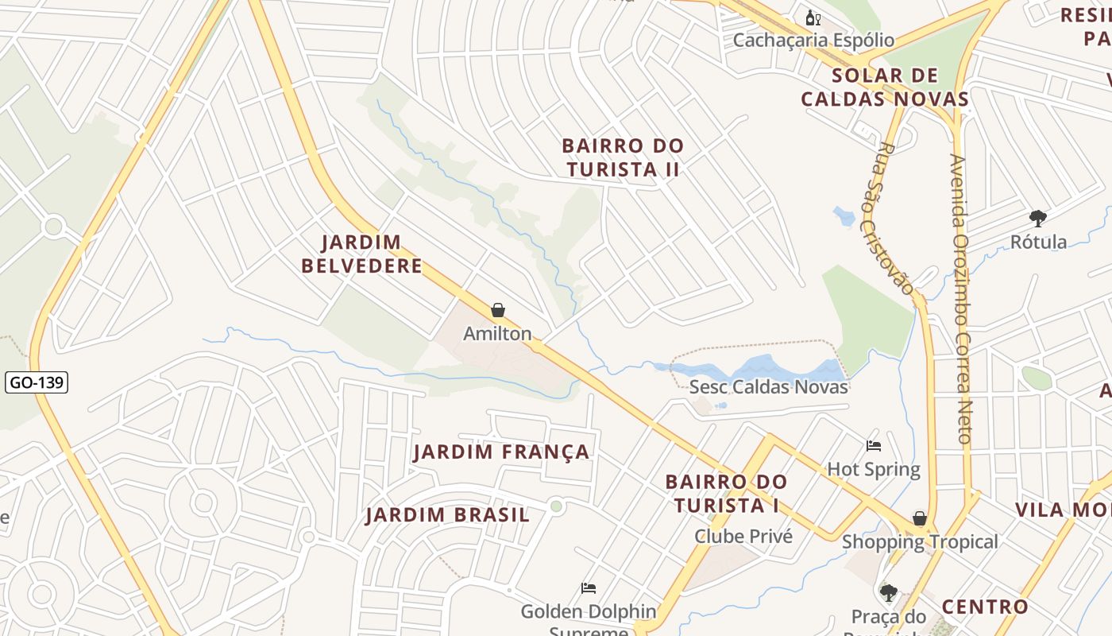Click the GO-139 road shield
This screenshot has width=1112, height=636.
(x=36, y=383)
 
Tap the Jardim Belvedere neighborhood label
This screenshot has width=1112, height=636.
(x=361, y=254)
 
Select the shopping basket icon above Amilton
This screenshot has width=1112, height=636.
(x=498, y=310)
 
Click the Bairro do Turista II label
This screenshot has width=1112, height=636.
(x=623, y=157)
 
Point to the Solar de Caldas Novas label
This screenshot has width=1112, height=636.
(x=885, y=87)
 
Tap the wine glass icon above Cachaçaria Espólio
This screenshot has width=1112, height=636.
(x=813, y=17)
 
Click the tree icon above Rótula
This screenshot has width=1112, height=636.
(x=1037, y=218)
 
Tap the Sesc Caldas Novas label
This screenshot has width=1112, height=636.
(x=768, y=387)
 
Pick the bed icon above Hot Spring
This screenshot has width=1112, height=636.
(x=874, y=446)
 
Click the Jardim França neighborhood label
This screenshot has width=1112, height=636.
(x=501, y=452)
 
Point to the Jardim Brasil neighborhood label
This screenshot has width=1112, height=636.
(x=447, y=515)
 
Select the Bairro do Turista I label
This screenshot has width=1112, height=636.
(x=726, y=494)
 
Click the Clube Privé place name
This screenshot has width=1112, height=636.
(x=743, y=537)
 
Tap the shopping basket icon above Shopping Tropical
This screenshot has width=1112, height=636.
(x=920, y=519)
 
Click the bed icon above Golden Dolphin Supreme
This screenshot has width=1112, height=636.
(x=589, y=588)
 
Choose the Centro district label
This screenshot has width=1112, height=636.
(x=985, y=607)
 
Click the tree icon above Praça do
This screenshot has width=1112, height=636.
(x=888, y=592)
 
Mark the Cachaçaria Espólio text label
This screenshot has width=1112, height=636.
(x=813, y=40)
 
